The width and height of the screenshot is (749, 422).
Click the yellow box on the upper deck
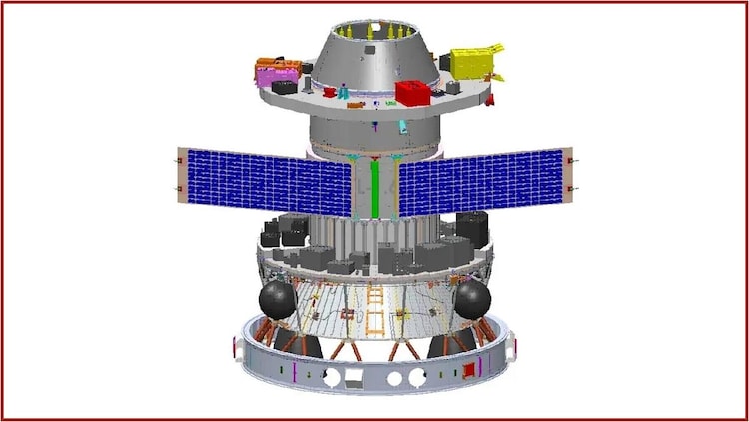click(x=473, y=62)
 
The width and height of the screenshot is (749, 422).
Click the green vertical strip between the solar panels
click(x=375, y=189)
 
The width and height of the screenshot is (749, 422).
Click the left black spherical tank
click(x=277, y=298)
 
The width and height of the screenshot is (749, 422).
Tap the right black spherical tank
click(x=472, y=297)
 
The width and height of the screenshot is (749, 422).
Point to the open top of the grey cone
click(x=374, y=21)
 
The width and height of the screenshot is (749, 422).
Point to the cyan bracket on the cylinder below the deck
click(x=402, y=127)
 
